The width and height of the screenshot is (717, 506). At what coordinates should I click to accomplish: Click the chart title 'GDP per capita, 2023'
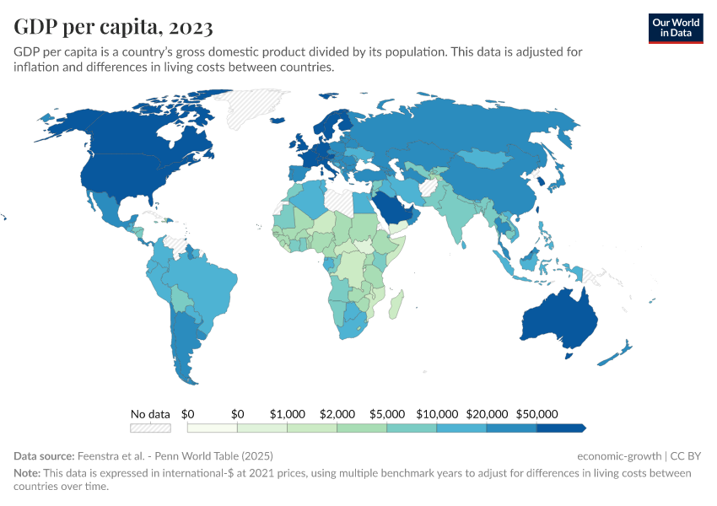click(113, 28)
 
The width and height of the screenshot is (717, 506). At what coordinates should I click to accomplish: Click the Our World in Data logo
click(676, 28)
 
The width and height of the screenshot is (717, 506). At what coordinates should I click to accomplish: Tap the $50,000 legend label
click(537, 414)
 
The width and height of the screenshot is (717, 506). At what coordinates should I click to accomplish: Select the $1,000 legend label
click(287, 414)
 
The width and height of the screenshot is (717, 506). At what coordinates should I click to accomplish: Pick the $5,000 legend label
click(386, 414)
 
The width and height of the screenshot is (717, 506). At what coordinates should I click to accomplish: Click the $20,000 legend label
click(487, 414)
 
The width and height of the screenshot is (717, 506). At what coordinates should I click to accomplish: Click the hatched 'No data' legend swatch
click(150, 428)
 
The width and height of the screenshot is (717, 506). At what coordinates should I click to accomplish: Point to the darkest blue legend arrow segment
click(561, 428)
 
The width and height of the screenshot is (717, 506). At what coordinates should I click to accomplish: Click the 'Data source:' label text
click(44, 456)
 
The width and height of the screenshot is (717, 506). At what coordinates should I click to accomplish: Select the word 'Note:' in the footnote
click(29, 473)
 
